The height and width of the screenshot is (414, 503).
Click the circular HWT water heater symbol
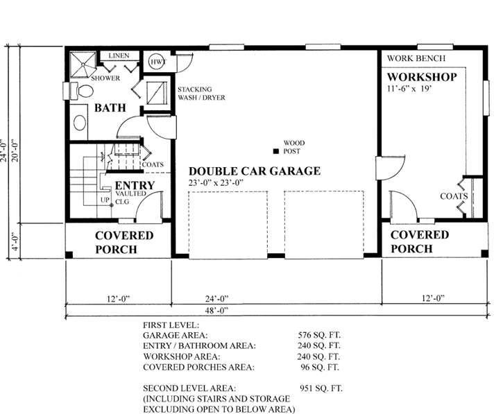[x=157, y=62]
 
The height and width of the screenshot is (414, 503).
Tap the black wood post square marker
[x=275, y=151]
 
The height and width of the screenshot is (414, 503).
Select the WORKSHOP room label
[x=422, y=76]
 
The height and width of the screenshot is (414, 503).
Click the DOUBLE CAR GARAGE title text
[x=255, y=171]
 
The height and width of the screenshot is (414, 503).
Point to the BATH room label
[x=110, y=108]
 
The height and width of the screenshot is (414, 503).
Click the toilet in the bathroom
[x=83, y=92]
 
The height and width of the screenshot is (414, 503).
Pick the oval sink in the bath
[x=79, y=123]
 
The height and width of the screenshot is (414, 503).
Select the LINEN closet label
[x=119, y=55]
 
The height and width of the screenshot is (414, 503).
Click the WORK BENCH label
[x=416, y=59]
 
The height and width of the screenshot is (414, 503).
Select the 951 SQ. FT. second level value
[x=319, y=388]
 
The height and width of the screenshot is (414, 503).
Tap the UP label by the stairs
[x=105, y=200]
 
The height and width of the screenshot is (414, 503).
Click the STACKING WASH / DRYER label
[x=201, y=94]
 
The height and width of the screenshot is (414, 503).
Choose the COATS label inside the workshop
[x=453, y=196]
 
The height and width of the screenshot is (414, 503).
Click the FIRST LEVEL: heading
[x=171, y=325]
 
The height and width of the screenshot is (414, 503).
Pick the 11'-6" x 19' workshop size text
[x=414, y=89]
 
